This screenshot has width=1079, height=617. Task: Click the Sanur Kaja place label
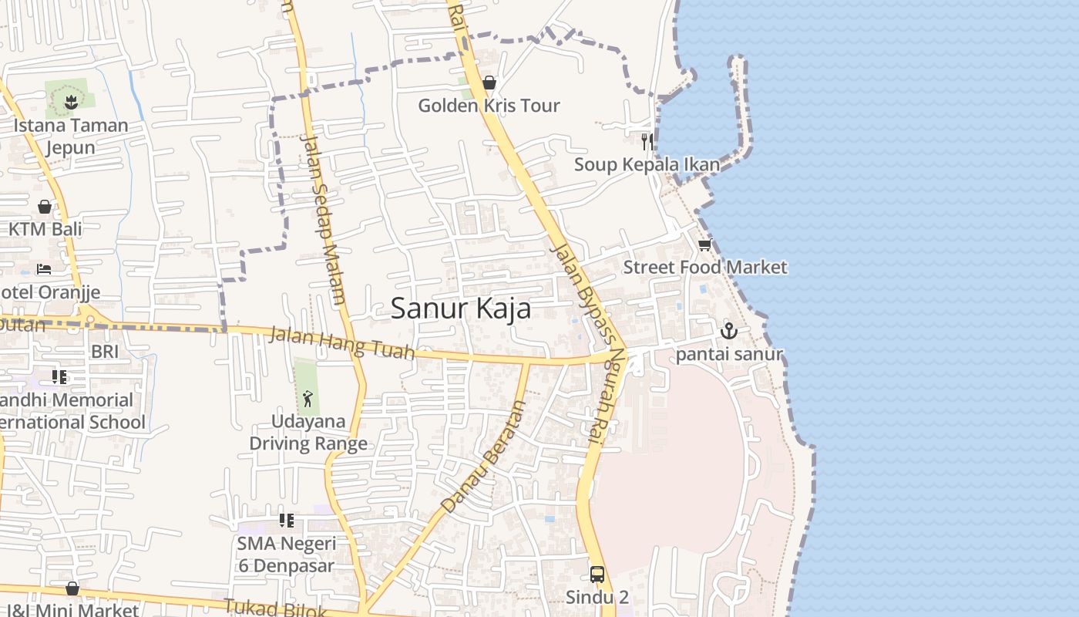pos(460,308)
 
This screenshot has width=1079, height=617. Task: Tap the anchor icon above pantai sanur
pos(728,332)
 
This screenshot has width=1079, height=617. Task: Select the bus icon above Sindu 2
pos(597,574)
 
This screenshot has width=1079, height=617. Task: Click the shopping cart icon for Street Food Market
pos(704,245)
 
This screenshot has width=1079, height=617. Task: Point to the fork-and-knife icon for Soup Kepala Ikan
pos(647,141)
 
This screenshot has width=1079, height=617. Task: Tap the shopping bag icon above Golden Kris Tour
pos(489,83)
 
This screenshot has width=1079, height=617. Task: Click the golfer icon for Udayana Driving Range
pos(308,399)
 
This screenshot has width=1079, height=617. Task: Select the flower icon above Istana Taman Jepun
pos(70,101)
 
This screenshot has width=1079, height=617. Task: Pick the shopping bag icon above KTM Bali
pos(45,207)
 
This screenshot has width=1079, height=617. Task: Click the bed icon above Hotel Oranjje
pos(45,269)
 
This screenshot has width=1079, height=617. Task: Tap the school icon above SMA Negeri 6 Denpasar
pos(287,521)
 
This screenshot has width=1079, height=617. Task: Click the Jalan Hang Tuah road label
pos(342,343)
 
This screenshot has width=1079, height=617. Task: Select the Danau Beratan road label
pos(482,457)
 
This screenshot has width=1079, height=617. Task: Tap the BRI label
pos(105,352)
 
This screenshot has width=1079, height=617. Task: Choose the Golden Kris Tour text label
pos(489,106)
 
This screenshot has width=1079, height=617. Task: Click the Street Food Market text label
pos(704,268)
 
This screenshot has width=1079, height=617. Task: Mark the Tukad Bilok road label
pos(276,609)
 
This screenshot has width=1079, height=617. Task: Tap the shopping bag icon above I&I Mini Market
pos(72,589)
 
